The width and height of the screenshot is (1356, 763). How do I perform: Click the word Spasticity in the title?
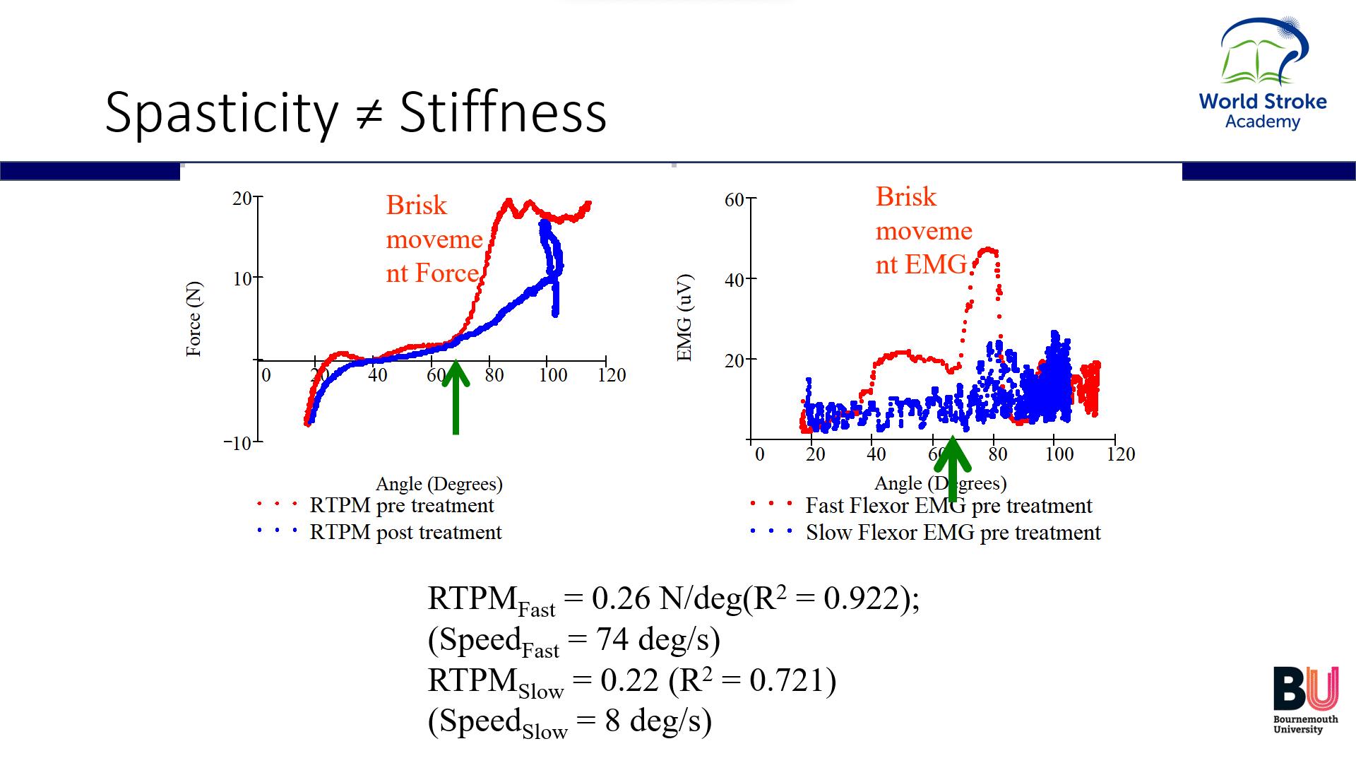tap(221, 113)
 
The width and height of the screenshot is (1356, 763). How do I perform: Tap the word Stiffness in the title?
tap(503, 113)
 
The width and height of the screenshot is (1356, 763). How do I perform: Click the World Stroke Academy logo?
tap(1263, 74)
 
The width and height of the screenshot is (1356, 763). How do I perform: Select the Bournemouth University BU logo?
tap(1305, 699)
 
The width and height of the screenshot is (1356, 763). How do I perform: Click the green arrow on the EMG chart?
tap(952, 466)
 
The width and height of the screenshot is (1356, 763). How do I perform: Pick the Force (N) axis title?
tap(194, 319)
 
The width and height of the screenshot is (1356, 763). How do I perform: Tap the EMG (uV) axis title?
tap(684, 317)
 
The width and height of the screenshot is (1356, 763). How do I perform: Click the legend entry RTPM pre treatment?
tap(401, 506)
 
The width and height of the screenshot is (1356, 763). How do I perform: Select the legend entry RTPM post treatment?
tap(405, 532)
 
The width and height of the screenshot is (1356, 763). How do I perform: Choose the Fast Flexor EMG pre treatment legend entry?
tap(948, 506)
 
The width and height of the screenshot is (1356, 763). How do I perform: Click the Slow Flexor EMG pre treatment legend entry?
tap(953, 533)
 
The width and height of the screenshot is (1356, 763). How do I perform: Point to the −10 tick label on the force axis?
tap(238, 444)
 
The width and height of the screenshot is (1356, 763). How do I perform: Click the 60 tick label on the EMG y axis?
tap(734, 200)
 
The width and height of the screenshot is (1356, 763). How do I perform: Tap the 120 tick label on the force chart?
tap(612, 375)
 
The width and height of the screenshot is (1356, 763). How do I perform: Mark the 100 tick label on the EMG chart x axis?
tap(1059, 454)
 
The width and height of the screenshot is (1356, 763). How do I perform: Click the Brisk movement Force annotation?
tap(434, 239)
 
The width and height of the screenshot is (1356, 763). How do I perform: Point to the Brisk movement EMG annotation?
tap(923, 231)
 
